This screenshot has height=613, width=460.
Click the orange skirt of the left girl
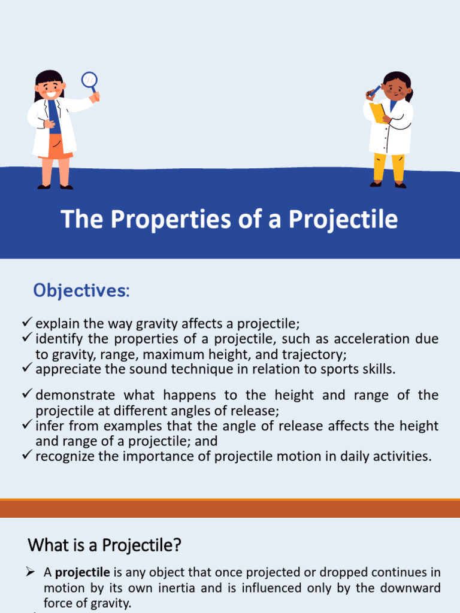pos(55,146)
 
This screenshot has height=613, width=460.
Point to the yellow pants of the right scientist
pos(388,167)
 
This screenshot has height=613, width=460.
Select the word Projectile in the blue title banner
pos(343,219)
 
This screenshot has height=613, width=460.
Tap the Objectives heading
pos(81,291)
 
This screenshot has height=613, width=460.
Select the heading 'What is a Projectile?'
pos(105,546)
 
